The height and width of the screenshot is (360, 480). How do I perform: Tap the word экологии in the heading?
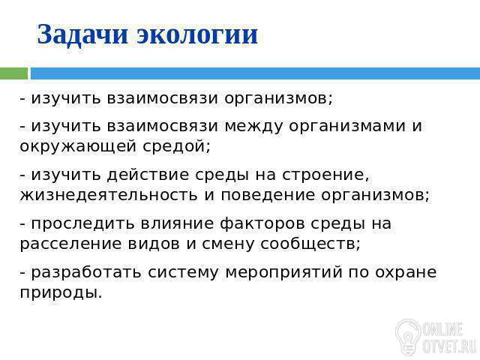pyautogui.click(x=196, y=34)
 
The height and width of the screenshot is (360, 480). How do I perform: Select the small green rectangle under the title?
pyautogui.click(x=13, y=73)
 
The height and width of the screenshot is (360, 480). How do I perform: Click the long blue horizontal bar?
pyautogui.click(x=255, y=73)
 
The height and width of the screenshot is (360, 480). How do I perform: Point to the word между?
pyautogui.click(x=253, y=127)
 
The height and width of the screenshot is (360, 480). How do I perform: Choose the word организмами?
pyautogui.click(x=347, y=127)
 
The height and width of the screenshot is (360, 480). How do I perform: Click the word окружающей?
pyautogui.click(x=78, y=147)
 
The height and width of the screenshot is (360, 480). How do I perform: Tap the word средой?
pyautogui.click(x=175, y=146)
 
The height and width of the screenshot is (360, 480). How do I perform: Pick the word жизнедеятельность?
pyautogui.click(x=109, y=196)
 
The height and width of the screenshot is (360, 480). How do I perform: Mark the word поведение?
pyautogui.click(x=268, y=196)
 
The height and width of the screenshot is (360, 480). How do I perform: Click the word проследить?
pyautogui.click(x=83, y=224)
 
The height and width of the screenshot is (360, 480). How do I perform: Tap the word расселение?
pyautogui.click(x=70, y=244)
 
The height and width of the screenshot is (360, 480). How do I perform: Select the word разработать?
pyautogui.click(x=86, y=273)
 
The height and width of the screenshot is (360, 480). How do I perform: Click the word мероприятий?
pyautogui.click(x=283, y=273)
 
